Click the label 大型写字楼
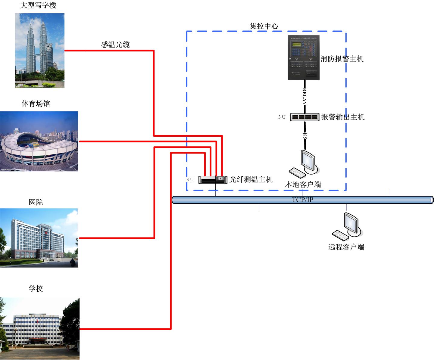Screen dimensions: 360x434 tap(38, 5)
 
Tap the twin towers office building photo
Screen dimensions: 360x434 tap(40, 50)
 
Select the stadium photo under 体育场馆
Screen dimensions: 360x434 tap(39, 141)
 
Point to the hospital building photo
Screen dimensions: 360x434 tap(39, 238)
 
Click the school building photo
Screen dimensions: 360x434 tap(40, 328)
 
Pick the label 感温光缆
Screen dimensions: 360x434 tap(115, 45)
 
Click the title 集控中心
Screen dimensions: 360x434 tap(264, 26)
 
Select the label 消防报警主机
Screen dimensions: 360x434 tap(342, 59)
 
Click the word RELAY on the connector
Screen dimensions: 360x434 tap(305, 96)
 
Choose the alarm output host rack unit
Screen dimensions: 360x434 tap(304, 117)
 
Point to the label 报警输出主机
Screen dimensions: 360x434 tap(343, 117)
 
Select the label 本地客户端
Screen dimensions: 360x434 tap(303, 184)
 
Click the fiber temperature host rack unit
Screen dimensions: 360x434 tap(213, 180)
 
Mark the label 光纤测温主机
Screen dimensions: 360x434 tap(251, 179)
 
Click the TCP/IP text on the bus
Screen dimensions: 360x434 tap(302, 200)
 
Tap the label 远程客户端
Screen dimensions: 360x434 tap(346, 247)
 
